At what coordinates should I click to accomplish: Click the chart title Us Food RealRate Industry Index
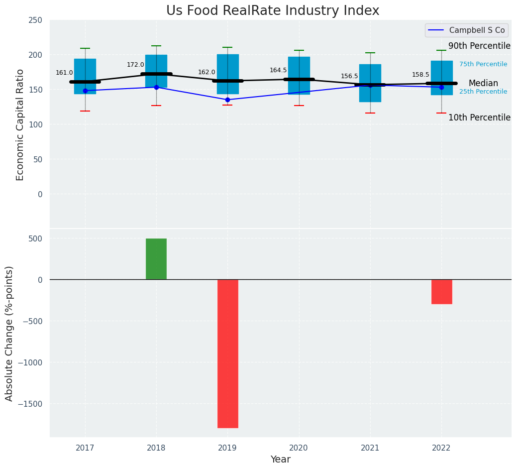tap(273, 11)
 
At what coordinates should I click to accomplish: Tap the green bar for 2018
tap(156, 259)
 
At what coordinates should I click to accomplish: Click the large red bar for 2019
tap(227, 353)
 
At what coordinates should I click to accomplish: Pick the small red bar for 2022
tap(441, 292)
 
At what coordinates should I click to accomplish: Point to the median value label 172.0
tap(135, 65)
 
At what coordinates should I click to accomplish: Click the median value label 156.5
tap(349, 76)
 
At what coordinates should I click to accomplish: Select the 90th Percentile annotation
tap(479, 46)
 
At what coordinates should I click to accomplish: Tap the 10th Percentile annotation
tap(479, 118)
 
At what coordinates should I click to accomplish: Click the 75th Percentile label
tap(483, 64)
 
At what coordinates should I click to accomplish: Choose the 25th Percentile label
tap(483, 92)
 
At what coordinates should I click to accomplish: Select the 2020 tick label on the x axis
tap(299, 448)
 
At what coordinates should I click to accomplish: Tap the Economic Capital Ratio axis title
tap(20, 124)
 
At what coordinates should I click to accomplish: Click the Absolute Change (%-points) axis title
tap(9, 333)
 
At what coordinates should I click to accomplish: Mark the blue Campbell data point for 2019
tap(227, 100)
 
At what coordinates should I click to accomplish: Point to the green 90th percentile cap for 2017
tap(85, 48)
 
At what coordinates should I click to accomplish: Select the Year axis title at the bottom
tap(280, 460)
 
